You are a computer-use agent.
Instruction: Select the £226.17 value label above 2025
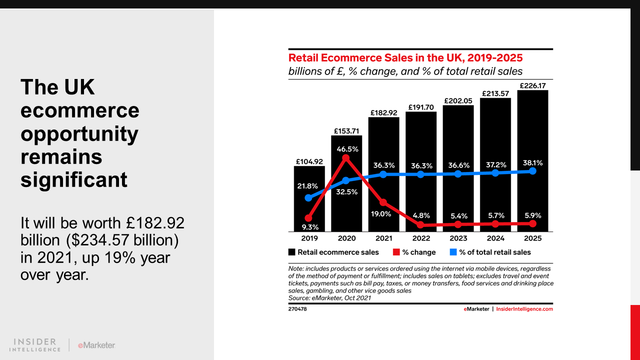pos(532,86)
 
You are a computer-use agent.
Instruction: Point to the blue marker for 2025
pos(532,171)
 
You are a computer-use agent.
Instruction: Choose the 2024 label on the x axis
pos(495,238)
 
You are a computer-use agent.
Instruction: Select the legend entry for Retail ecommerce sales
pos(333,252)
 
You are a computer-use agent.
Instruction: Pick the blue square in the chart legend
pos(453,252)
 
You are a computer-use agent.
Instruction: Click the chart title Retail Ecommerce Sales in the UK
pos(405,57)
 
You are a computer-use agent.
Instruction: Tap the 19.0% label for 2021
pos(382,213)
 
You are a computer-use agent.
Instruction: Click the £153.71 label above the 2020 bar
pos(346,131)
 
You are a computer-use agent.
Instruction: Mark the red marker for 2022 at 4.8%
pos(420,225)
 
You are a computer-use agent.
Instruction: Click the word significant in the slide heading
pos(74,179)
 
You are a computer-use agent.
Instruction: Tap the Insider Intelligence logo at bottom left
pos(35,344)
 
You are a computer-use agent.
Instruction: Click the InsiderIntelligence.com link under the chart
pos(524,309)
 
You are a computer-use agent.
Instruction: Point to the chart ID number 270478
pos(297,309)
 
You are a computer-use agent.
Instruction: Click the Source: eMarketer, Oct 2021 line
pos(329,297)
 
